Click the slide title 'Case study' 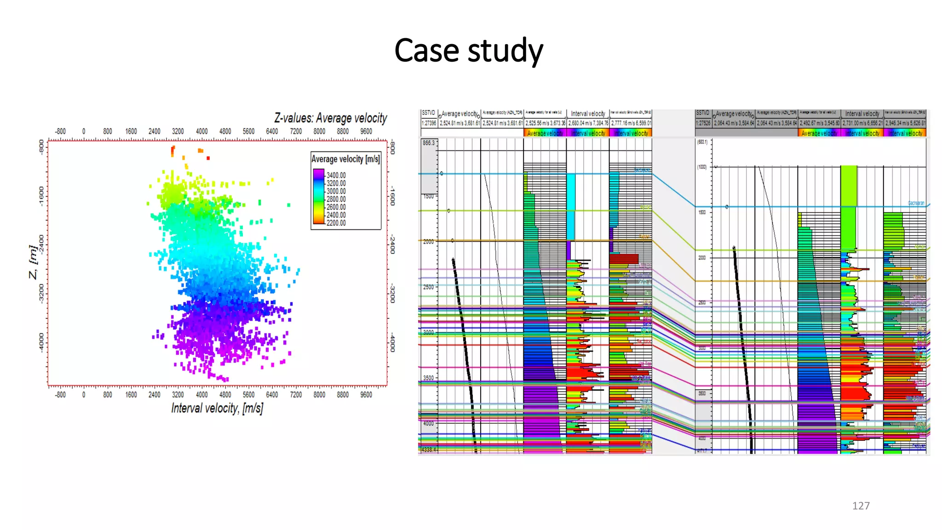click(468, 50)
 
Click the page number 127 click(861, 506)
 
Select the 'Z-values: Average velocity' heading click(330, 118)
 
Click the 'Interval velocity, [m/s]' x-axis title click(217, 408)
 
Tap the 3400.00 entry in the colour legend click(336, 175)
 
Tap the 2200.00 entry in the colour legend click(336, 223)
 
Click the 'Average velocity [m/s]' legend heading click(345, 159)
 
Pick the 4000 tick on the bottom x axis click(201, 395)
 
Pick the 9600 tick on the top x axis click(366, 132)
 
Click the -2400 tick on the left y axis click(41, 244)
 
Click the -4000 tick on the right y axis click(392, 343)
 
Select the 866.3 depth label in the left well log click(428, 143)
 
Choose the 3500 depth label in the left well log click(428, 378)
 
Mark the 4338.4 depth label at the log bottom click(429, 449)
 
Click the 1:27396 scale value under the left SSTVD click(429, 123)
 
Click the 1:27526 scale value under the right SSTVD click(703, 123)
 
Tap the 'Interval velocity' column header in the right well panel click(862, 114)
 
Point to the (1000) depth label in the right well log click(702, 167)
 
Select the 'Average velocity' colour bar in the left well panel click(545, 133)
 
